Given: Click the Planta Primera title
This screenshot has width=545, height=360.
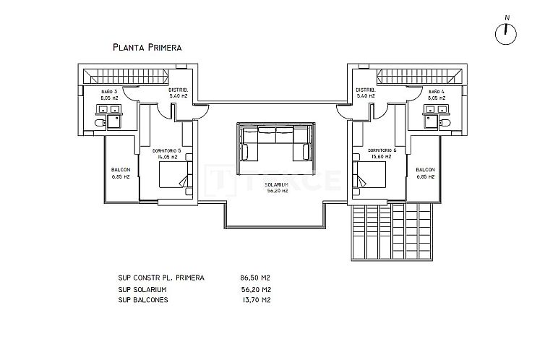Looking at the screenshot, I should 147,47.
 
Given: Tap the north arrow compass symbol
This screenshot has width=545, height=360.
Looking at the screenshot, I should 508,33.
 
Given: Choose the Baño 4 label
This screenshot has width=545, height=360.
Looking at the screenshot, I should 437,95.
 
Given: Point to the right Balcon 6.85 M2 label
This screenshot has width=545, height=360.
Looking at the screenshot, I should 425,173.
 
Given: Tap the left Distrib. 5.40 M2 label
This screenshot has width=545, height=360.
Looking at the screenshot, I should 179,93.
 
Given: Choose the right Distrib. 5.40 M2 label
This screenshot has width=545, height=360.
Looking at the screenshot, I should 365,93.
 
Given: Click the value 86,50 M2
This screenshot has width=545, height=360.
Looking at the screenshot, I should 255,278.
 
